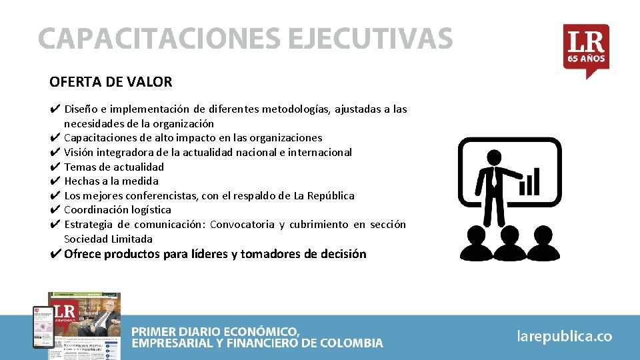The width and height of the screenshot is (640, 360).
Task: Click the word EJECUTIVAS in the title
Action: click(x=370, y=39)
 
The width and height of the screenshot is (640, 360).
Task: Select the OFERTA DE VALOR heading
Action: click(x=111, y=82)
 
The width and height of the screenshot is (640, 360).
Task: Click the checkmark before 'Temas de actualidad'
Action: click(x=55, y=167)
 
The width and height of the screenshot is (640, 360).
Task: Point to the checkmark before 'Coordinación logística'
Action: click(x=55, y=209)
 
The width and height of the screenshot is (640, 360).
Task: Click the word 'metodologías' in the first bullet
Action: click(x=296, y=109)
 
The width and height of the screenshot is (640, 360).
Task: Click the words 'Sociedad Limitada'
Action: click(x=108, y=239)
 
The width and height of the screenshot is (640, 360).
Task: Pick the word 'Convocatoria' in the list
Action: click(x=241, y=225)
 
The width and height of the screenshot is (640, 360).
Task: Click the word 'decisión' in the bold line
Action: click(x=342, y=254)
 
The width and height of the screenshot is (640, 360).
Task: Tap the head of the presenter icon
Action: click(x=494, y=157)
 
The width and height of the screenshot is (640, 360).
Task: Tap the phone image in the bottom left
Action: click(x=43, y=327)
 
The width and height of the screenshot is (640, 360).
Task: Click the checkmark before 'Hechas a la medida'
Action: click(x=55, y=181)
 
